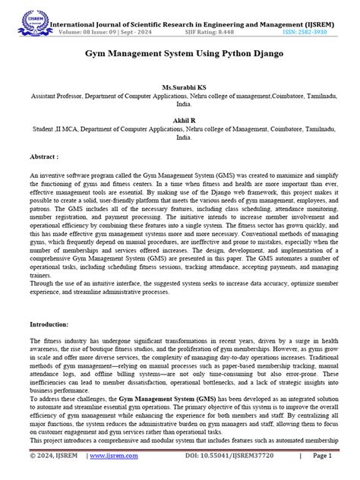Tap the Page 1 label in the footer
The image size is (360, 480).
322,455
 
